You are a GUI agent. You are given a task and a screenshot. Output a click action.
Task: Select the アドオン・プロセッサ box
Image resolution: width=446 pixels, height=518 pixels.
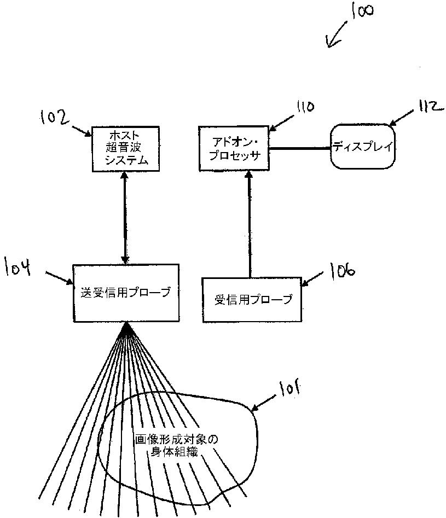(x=235, y=148)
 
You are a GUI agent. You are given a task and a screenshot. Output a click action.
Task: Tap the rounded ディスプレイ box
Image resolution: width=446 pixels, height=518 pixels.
(x=362, y=147)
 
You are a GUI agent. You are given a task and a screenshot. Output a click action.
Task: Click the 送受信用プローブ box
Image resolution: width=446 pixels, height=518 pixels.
(x=126, y=293)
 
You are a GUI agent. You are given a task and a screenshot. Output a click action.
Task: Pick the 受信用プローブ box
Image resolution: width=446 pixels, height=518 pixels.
(x=252, y=299)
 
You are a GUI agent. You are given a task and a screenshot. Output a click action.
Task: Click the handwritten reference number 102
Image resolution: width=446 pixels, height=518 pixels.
(x=56, y=117)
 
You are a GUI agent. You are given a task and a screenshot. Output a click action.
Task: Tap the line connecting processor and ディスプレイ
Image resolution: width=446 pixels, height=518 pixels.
(x=300, y=148)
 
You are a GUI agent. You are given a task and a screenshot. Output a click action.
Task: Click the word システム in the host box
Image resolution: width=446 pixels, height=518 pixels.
(x=125, y=160)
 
